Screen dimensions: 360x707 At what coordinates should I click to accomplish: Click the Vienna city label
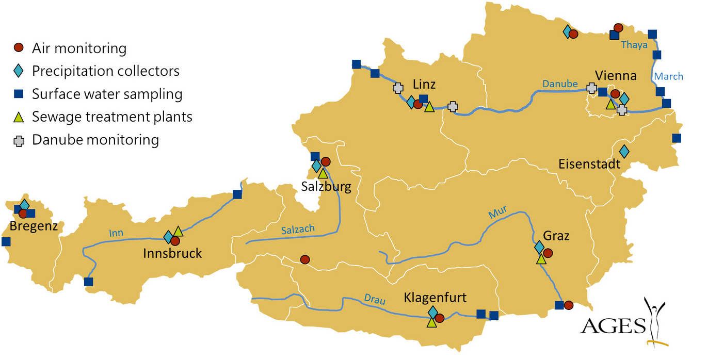pos(616,76)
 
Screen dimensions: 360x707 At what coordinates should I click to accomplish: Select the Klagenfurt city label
pos(435,298)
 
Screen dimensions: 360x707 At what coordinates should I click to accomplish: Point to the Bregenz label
pos(34,226)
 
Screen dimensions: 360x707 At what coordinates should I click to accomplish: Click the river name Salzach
pos(298,231)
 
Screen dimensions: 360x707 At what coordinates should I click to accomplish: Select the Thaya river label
pos(634,45)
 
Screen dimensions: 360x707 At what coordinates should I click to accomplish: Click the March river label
pos(668,76)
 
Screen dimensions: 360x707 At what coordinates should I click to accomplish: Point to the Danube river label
pos(559,84)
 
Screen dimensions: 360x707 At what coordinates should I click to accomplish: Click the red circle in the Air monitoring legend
pos(19,48)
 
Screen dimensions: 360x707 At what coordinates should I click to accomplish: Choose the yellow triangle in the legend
pos(19,117)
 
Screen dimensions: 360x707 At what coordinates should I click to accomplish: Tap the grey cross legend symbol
pos(19,140)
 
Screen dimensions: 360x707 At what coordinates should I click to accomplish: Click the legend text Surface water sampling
pos(107,94)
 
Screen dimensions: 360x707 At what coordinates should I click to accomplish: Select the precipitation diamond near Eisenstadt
pos(624,151)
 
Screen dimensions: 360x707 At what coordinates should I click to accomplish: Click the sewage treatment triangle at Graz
pos(541,259)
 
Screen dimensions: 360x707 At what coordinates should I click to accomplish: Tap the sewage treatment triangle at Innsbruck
pos(178,231)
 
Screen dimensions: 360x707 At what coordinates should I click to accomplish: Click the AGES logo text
pos(613,326)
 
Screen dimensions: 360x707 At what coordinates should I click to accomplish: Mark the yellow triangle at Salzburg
pos(323,173)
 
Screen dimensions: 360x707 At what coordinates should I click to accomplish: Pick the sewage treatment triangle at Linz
pos(429,107)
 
